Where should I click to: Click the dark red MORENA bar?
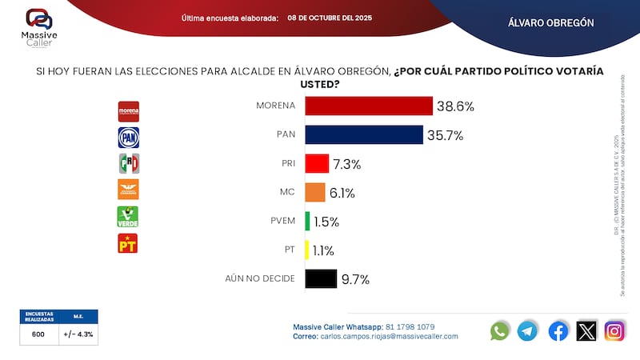pos(369,106)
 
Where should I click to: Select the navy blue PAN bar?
pos(364,134)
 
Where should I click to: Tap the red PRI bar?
pos(317,163)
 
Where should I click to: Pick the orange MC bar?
pos(315,192)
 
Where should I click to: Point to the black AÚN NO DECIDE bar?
pos(321,278)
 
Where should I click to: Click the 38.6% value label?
pos(456,106)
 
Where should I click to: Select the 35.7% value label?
pos(446,135)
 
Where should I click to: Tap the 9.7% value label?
pos(355,279)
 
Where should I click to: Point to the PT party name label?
pos(289,250)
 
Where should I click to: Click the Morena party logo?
pos(129,110)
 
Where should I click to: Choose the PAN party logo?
pos(129,138)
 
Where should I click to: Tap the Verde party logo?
pos(129,216)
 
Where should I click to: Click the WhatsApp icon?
pos(500,330)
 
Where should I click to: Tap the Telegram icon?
pos(528,330)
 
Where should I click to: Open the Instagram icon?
pos(614,330)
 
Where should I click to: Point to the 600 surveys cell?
pos(38,335)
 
